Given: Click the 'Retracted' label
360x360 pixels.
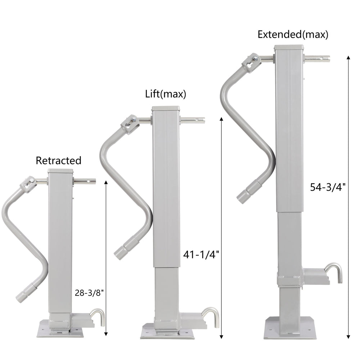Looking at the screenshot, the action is point(59,161).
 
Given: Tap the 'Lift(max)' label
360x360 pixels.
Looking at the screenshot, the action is point(166,94).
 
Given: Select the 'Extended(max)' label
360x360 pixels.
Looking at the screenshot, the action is point(293,35).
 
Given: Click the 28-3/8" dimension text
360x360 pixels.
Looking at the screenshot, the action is point(89,293).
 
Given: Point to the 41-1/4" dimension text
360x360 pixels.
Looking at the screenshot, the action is point(201,255).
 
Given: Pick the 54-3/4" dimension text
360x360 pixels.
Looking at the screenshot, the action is point(328,187).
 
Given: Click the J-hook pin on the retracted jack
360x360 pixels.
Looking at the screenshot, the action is point(98,317).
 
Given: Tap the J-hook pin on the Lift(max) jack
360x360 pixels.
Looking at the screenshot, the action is point(211,316).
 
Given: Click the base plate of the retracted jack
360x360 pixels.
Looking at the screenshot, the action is point(60,329).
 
